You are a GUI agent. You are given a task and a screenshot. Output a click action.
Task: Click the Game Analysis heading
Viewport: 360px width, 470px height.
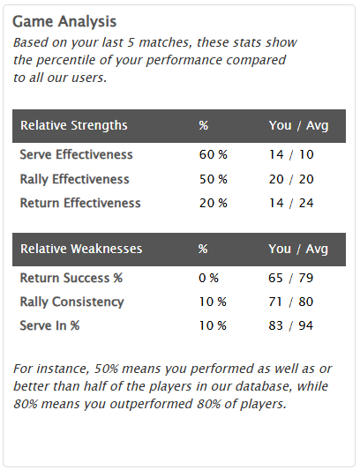[x=64, y=21]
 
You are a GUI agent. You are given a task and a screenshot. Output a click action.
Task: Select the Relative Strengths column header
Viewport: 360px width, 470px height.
[x=74, y=125]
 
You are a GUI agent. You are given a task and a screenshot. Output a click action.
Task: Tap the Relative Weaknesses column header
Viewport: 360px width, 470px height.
[x=81, y=249]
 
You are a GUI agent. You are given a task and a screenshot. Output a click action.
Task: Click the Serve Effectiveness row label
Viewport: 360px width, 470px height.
[x=76, y=155]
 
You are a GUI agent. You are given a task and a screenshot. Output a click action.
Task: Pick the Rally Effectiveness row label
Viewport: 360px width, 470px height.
[x=74, y=179]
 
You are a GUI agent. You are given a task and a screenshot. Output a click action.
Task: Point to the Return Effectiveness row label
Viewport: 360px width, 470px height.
[x=80, y=203]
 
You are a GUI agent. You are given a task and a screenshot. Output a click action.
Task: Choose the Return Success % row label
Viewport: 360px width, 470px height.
[x=71, y=279]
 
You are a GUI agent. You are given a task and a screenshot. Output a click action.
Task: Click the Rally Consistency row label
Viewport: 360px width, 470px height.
[x=71, y=302]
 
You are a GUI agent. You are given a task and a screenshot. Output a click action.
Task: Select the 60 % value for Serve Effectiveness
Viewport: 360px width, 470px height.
[x=213, y=155]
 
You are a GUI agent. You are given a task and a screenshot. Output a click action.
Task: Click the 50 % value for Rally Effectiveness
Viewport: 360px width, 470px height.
[x=213, y=179]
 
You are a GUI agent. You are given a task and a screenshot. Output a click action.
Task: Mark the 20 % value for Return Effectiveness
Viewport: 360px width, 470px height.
[x=213, y=203]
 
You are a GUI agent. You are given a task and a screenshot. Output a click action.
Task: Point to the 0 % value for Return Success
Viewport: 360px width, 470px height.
[x=209, y=279]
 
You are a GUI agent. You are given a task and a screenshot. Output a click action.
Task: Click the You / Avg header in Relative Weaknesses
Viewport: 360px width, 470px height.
[x=298, y=249]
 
